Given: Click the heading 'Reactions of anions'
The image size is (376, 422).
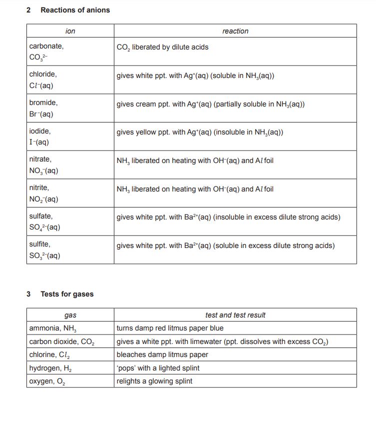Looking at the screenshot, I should click(x=75, y=10).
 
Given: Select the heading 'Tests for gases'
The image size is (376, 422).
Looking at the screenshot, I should click(x=67, y=294).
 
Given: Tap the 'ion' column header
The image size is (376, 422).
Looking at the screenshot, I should click(x=70, y=31).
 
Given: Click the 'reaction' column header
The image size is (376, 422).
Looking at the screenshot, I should click(x=235, y=31).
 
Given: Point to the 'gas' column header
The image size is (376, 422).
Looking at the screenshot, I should click(x=70, y=315).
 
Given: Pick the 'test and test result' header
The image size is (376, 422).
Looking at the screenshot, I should click(x=235, y=315).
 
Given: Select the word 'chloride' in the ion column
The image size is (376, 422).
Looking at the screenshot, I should click(x=43, y=74).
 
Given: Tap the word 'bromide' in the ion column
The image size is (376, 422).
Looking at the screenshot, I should click(x=43, y=102).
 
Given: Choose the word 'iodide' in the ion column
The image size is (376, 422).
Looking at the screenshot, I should click(x=40, y=131).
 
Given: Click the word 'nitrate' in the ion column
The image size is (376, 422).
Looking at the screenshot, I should click(x=40, y=159).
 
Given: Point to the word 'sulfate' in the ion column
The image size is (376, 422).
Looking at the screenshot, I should click(x=41, y=216).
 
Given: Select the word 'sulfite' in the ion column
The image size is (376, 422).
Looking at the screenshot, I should click(x=40, y=245).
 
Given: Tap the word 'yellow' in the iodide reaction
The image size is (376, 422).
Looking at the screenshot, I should click(x=147, y=132).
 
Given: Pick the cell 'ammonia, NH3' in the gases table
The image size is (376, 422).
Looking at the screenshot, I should click(x=52, y=328).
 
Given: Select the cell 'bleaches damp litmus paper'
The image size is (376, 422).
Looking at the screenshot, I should click(x=162, y=355).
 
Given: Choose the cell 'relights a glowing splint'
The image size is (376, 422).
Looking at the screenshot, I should click(x=154, y=381).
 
